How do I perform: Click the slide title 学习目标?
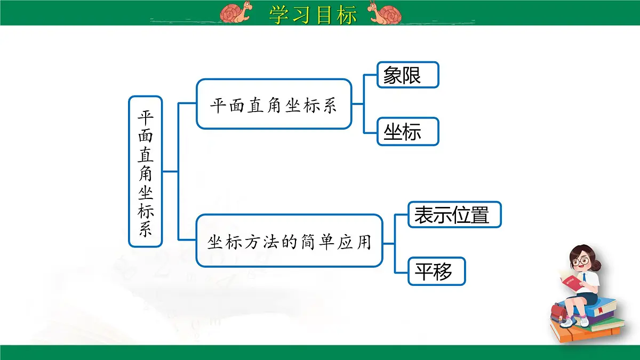tap(313, 14)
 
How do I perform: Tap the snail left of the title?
tap(236, 13)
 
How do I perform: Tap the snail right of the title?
tap(386, 14)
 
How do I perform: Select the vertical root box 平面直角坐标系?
tap(145, 172)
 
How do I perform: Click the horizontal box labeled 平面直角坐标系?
tap(274, 104)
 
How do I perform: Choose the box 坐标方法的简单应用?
tap(289, 241)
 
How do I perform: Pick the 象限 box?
tap(407, 75)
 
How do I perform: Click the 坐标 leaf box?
tap(407, 132)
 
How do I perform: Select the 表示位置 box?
tap(454, 214)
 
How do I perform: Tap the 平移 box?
tap(436, 271)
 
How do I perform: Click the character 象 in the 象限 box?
tap(393, 75)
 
